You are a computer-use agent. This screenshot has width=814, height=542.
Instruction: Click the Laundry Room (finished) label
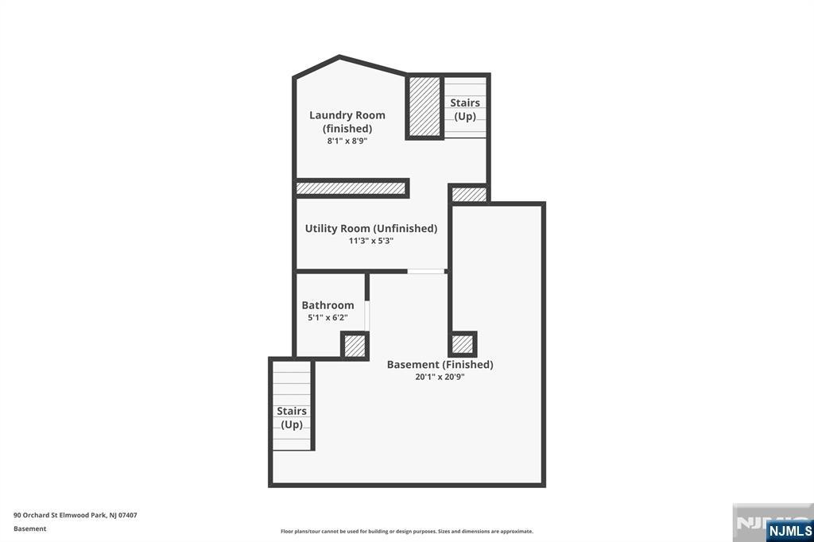(347, 122)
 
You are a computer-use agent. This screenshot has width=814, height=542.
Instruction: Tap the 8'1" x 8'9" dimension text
(347, 141)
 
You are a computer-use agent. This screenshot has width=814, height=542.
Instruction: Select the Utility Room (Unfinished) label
(370, 228)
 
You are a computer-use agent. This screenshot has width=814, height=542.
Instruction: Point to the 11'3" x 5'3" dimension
(370, 241)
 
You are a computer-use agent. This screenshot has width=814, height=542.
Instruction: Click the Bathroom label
(328, 305)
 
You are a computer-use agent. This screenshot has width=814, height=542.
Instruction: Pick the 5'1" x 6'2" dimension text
(328, 317)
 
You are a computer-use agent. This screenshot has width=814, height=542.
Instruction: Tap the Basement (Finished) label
(440, 365)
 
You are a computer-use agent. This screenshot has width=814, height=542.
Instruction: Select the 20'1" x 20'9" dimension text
(440, 377)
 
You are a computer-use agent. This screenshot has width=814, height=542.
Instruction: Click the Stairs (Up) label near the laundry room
(465, 109)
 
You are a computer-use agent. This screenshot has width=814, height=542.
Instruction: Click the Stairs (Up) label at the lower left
(292, 417)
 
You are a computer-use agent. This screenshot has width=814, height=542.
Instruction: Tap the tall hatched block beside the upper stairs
(424, 106)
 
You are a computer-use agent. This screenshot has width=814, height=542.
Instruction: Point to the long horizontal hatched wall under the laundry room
(351, 188)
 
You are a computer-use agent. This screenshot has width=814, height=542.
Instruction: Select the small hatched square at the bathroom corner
(355, 346)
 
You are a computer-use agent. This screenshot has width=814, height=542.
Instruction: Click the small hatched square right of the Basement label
(462, 344)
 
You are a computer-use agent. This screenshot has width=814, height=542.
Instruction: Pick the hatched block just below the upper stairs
(468, 194)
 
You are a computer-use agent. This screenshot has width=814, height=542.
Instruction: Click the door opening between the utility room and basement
(426, 272)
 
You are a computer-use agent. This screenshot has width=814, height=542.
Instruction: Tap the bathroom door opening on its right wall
(367, 316)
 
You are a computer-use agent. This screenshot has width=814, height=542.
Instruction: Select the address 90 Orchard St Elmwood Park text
(76, 515)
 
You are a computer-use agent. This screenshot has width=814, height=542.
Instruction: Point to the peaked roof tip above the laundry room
(340, 57)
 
